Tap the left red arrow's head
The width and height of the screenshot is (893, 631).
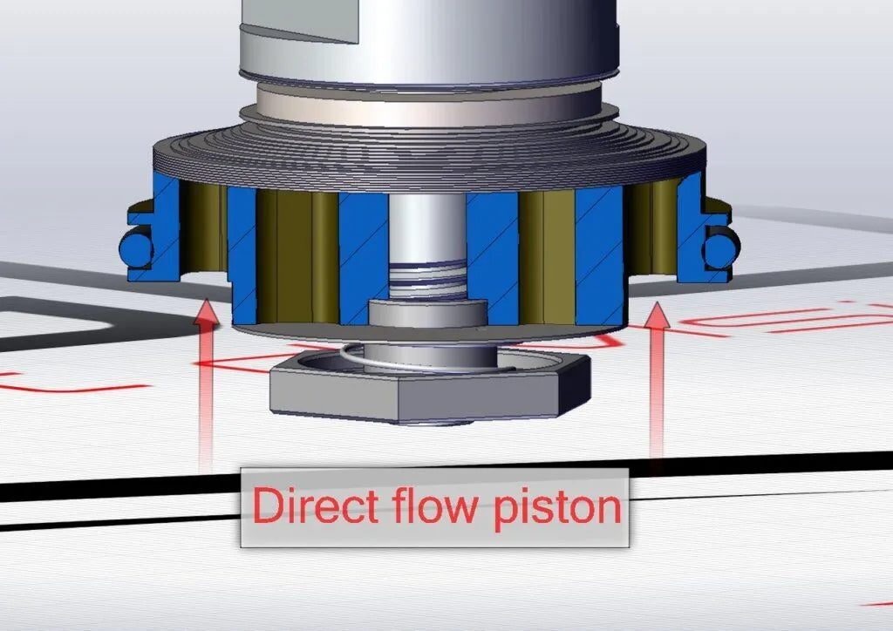(x=206, y=313)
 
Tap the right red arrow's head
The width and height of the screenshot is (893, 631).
(x=657, y=315)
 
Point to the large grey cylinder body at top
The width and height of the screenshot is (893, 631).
(x=427, y=44)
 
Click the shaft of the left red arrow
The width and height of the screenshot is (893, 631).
(x=206, y=401)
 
